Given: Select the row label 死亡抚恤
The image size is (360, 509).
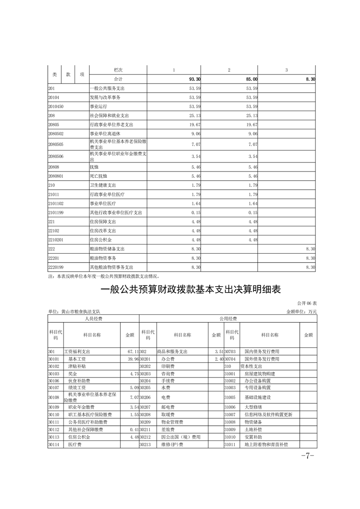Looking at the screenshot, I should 99,176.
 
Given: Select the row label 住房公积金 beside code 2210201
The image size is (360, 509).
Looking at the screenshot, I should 100,240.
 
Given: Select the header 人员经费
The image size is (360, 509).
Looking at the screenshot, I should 94,319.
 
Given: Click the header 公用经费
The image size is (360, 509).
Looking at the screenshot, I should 228,319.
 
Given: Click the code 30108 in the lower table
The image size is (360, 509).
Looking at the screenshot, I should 54,398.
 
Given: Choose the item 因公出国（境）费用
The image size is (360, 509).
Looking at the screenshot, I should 180,437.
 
